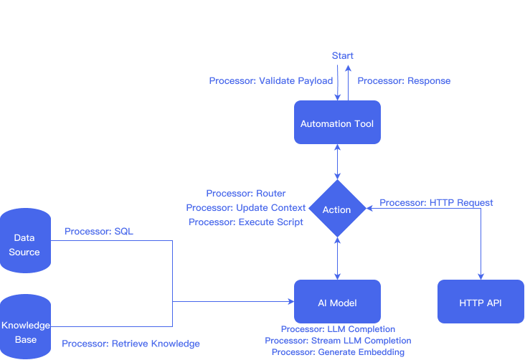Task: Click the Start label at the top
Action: coord(342,55)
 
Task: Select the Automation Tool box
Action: coord(336,123)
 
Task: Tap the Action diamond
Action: coord(336,209)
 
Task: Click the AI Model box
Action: coord(336,302)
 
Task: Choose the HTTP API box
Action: coord(481,302)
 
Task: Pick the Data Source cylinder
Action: coord(26,245)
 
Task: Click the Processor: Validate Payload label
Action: coord(271,81)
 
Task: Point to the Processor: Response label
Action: coord(404,81)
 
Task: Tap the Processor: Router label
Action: coord(246,194)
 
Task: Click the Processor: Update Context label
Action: coord(246,207)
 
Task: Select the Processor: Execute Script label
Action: coord(246,222)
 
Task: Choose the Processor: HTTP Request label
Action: coord(436,203)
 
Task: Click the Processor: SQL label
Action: coord(99,232)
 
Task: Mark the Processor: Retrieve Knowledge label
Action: coord(131,344)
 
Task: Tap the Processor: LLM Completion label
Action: coord(338,329)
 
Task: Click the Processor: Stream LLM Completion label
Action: coord(338,341)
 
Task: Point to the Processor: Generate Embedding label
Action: coord(338,352)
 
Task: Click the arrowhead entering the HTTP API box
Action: coord(481,276)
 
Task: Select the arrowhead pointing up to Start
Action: coord(348,67)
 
